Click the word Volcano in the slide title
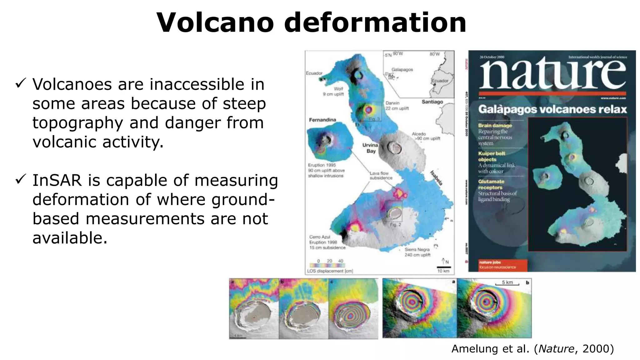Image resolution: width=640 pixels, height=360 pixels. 215,22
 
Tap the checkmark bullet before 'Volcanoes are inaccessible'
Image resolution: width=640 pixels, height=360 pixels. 21,84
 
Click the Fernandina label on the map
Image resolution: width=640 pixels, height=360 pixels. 322,120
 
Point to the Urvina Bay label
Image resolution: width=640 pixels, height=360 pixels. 370,148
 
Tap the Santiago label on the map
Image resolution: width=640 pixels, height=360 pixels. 432,102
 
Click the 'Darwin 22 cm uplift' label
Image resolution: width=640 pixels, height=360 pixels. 397,106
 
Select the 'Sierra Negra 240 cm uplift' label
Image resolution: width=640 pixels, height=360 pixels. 417,252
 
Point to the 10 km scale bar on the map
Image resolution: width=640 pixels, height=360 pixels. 443,267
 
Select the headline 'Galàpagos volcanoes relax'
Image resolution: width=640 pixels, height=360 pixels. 552,109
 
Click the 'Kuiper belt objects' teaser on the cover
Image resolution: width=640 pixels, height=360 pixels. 492,156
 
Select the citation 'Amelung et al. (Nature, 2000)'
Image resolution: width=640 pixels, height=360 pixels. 532,348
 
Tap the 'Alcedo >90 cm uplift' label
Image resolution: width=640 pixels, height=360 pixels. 427,136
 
